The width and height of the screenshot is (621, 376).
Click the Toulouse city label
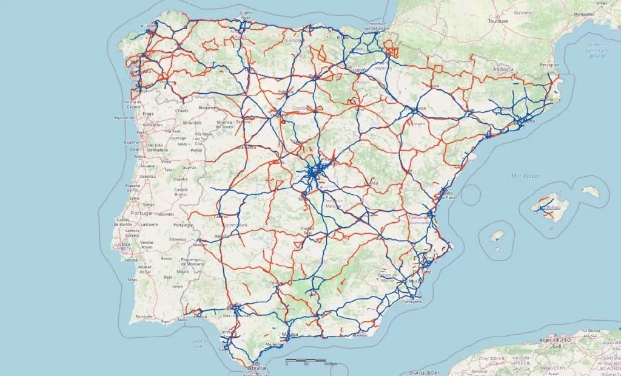point(497,21)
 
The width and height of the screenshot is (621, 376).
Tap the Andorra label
point(503,69)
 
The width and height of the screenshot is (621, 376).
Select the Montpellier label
point(585,13)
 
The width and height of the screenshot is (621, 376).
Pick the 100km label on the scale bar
point(330,364)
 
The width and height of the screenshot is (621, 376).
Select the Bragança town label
point(207,107)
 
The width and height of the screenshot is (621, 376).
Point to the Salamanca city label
point(245,147)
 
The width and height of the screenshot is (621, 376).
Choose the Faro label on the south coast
point(166,320)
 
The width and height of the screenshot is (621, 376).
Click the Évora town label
point(167,258)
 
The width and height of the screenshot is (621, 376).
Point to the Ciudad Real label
point(307,231)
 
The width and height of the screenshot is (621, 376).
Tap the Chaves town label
point(181,111)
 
